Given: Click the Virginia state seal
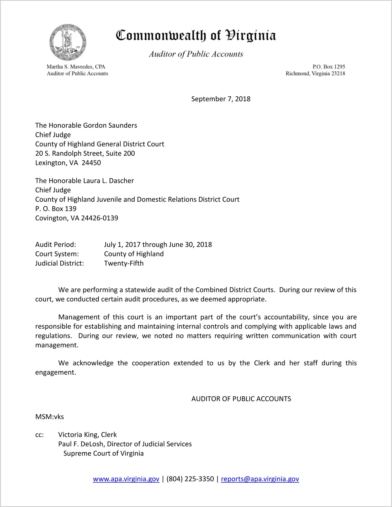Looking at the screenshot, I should click(68, 42).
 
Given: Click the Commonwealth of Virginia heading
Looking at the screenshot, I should click(196, 35).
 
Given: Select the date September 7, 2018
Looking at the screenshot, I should click(221, 99).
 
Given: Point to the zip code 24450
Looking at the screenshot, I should click(91, 163).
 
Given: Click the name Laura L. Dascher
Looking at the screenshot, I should click(108, 181).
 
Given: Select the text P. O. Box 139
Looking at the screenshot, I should click(56, 209).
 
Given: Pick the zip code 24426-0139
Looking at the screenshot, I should click(100, 218).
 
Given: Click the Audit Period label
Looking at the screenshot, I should click(56, 245).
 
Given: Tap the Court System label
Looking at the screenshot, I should click(57, 254).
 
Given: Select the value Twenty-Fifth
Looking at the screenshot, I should click(124, 263).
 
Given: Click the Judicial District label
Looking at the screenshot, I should click(60, 263).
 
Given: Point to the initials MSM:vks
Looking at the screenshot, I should click(50, 417).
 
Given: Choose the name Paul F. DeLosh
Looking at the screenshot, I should click(81, 444).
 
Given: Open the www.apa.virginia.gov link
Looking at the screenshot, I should click(126, 479).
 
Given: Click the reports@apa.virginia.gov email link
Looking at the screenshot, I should click(260, 479).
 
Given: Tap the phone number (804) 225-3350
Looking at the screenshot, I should click(190, 479).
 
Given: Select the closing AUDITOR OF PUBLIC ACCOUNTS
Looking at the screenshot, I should click(241, 399).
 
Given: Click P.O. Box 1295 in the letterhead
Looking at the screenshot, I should click(329, 67).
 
